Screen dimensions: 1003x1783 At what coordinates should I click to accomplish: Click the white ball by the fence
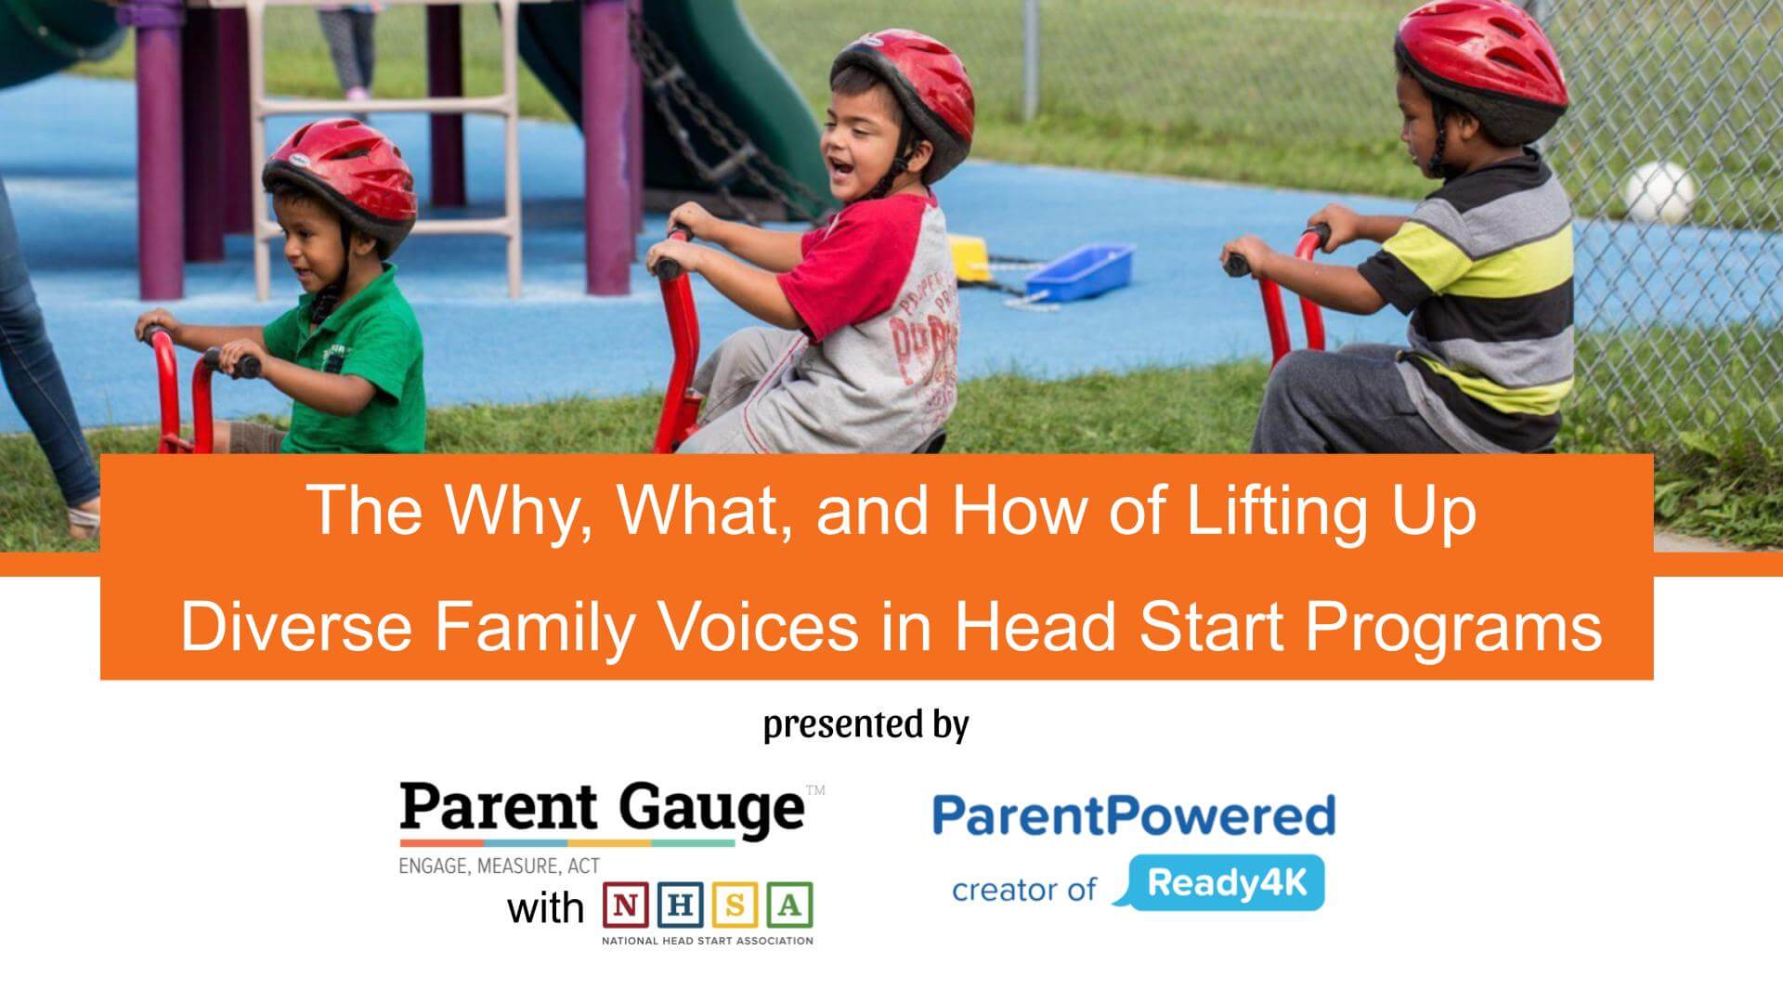(1659, 193)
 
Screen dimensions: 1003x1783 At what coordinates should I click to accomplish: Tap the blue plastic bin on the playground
(1080, 270)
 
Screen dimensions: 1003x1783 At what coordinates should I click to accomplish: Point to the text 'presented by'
(865, 724)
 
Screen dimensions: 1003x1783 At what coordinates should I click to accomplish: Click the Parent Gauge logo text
(602, 809)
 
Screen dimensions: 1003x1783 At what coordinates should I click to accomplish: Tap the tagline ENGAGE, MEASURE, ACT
(499, 866)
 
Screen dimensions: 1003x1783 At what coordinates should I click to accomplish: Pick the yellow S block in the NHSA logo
(735, 905)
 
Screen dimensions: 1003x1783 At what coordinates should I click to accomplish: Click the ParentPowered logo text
(1133, 814)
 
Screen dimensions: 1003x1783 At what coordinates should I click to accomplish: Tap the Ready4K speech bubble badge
(1226, 882)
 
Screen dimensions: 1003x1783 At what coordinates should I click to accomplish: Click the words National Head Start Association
(707, 941)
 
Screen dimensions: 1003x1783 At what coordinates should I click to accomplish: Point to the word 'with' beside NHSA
(545, 907)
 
